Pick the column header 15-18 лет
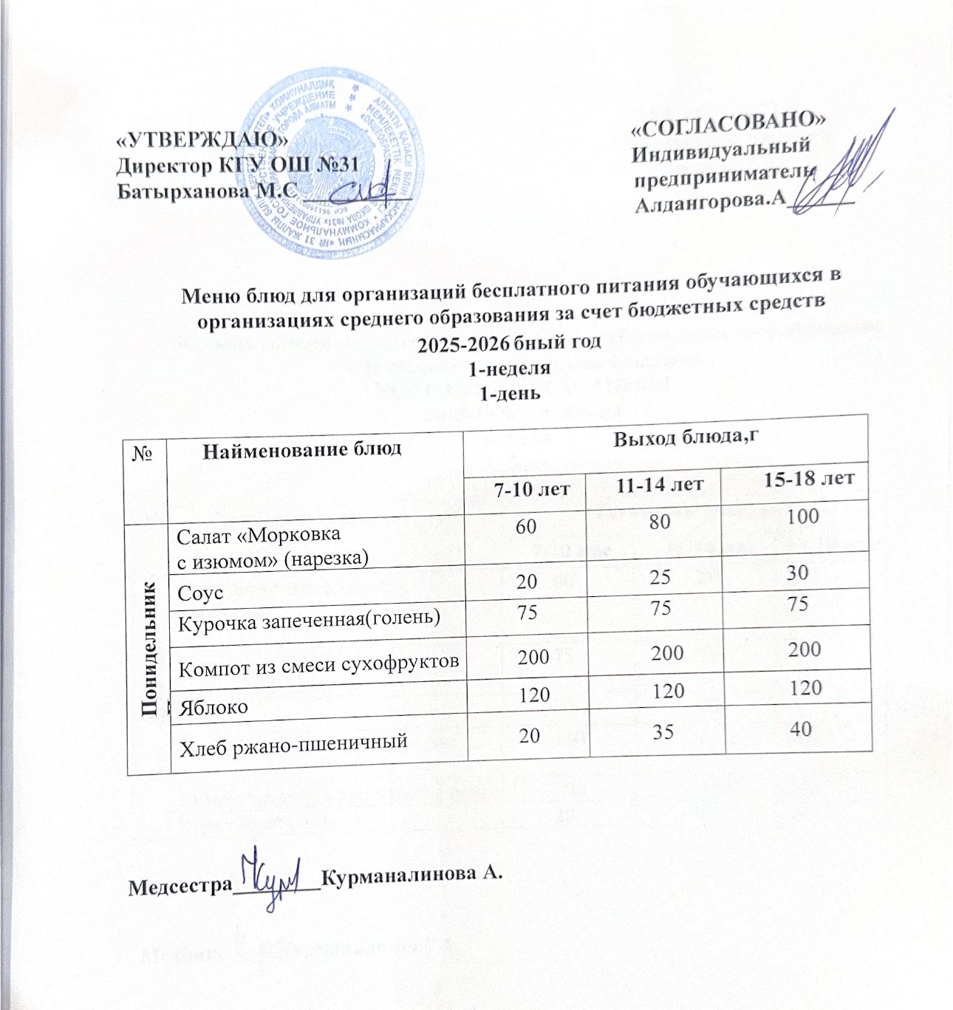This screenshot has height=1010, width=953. [809, 478]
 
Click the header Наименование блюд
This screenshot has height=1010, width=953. [302, 448]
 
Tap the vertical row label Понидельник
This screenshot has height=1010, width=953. [150, 649]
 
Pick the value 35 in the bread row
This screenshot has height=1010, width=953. [659, 731]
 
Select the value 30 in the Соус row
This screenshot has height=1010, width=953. [797, 572]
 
